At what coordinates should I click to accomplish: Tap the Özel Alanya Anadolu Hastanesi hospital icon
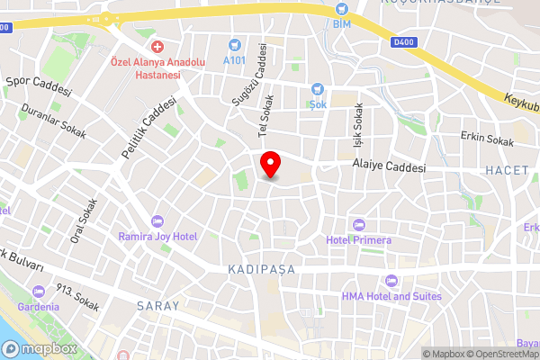tap(157, 46)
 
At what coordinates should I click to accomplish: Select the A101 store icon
tap(236, 43)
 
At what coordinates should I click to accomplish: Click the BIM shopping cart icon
tap(341, 8)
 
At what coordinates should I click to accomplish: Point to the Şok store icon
tap(317, 88)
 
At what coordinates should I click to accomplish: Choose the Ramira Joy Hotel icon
tap(157, 221)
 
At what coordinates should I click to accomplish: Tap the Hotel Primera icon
tap(359, 224)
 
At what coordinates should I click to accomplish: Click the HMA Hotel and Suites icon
tap(391, 281)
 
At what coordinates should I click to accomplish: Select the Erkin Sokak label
tap(486, 139)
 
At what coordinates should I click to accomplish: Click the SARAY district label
tap(157, 306)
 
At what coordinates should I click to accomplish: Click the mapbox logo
tap(38, 349)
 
